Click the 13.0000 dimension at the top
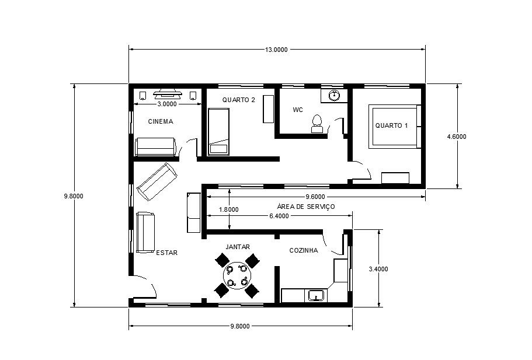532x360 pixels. pos(276,50)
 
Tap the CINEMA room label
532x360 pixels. pos(161,121)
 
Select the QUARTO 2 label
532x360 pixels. pos(238,100)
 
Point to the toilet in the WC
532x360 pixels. pos(317,124)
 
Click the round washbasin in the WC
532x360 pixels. pos(335,95)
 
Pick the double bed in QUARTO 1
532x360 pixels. pos(395,127)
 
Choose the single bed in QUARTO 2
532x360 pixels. pos(218,132)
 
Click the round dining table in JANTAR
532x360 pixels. pos(237,275)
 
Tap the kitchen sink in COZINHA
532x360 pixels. pos(316,296)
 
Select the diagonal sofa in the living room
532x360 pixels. pos(157,181)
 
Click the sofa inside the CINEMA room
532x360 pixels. pos(156,147)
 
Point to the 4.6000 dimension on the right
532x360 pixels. pos(456,137)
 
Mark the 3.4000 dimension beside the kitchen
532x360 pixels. pos(378,269)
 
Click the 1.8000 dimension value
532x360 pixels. pos(229,209)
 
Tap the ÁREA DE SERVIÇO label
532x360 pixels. pos(305,207)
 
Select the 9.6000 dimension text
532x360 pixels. pos(315,197)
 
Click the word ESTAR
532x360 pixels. pos(166,253)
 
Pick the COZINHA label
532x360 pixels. pos(304,250)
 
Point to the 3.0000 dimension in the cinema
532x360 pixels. pos(167,104)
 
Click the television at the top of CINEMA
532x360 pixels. pos(167,93)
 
